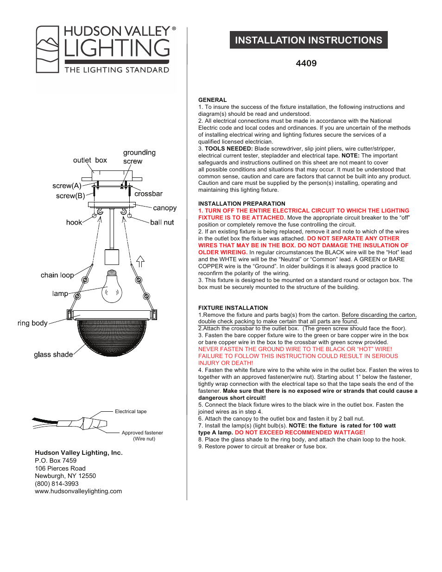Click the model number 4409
click(x=306, y=63)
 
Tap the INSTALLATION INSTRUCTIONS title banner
click(x=309, y=40)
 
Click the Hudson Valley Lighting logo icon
click(x=48, y=50)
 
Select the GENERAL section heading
click(x=212, y=100)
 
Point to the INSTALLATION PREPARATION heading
click(x=241, y=204)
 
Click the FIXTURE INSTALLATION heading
click(x=233, y=308)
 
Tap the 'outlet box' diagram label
click(x=90, y=160)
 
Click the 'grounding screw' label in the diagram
click(x=139, y=157)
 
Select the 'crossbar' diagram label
click(x=148, y=194)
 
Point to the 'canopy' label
click(x=164, y=208)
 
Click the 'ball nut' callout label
click(x=162, y=222)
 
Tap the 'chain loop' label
click(x=57, y=275)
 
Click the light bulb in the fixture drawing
click(x=112, y=287)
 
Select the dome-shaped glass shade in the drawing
click(x=112, y=336)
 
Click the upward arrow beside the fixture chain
click(x=140, y=262)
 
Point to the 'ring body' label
click(x=32, y=323)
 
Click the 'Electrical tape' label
click(x=131, y=411)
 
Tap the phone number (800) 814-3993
click(x=57, y=484)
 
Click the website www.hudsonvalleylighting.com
click(x=78, y=491)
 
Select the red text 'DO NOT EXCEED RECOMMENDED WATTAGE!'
click(x=300, y=433)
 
